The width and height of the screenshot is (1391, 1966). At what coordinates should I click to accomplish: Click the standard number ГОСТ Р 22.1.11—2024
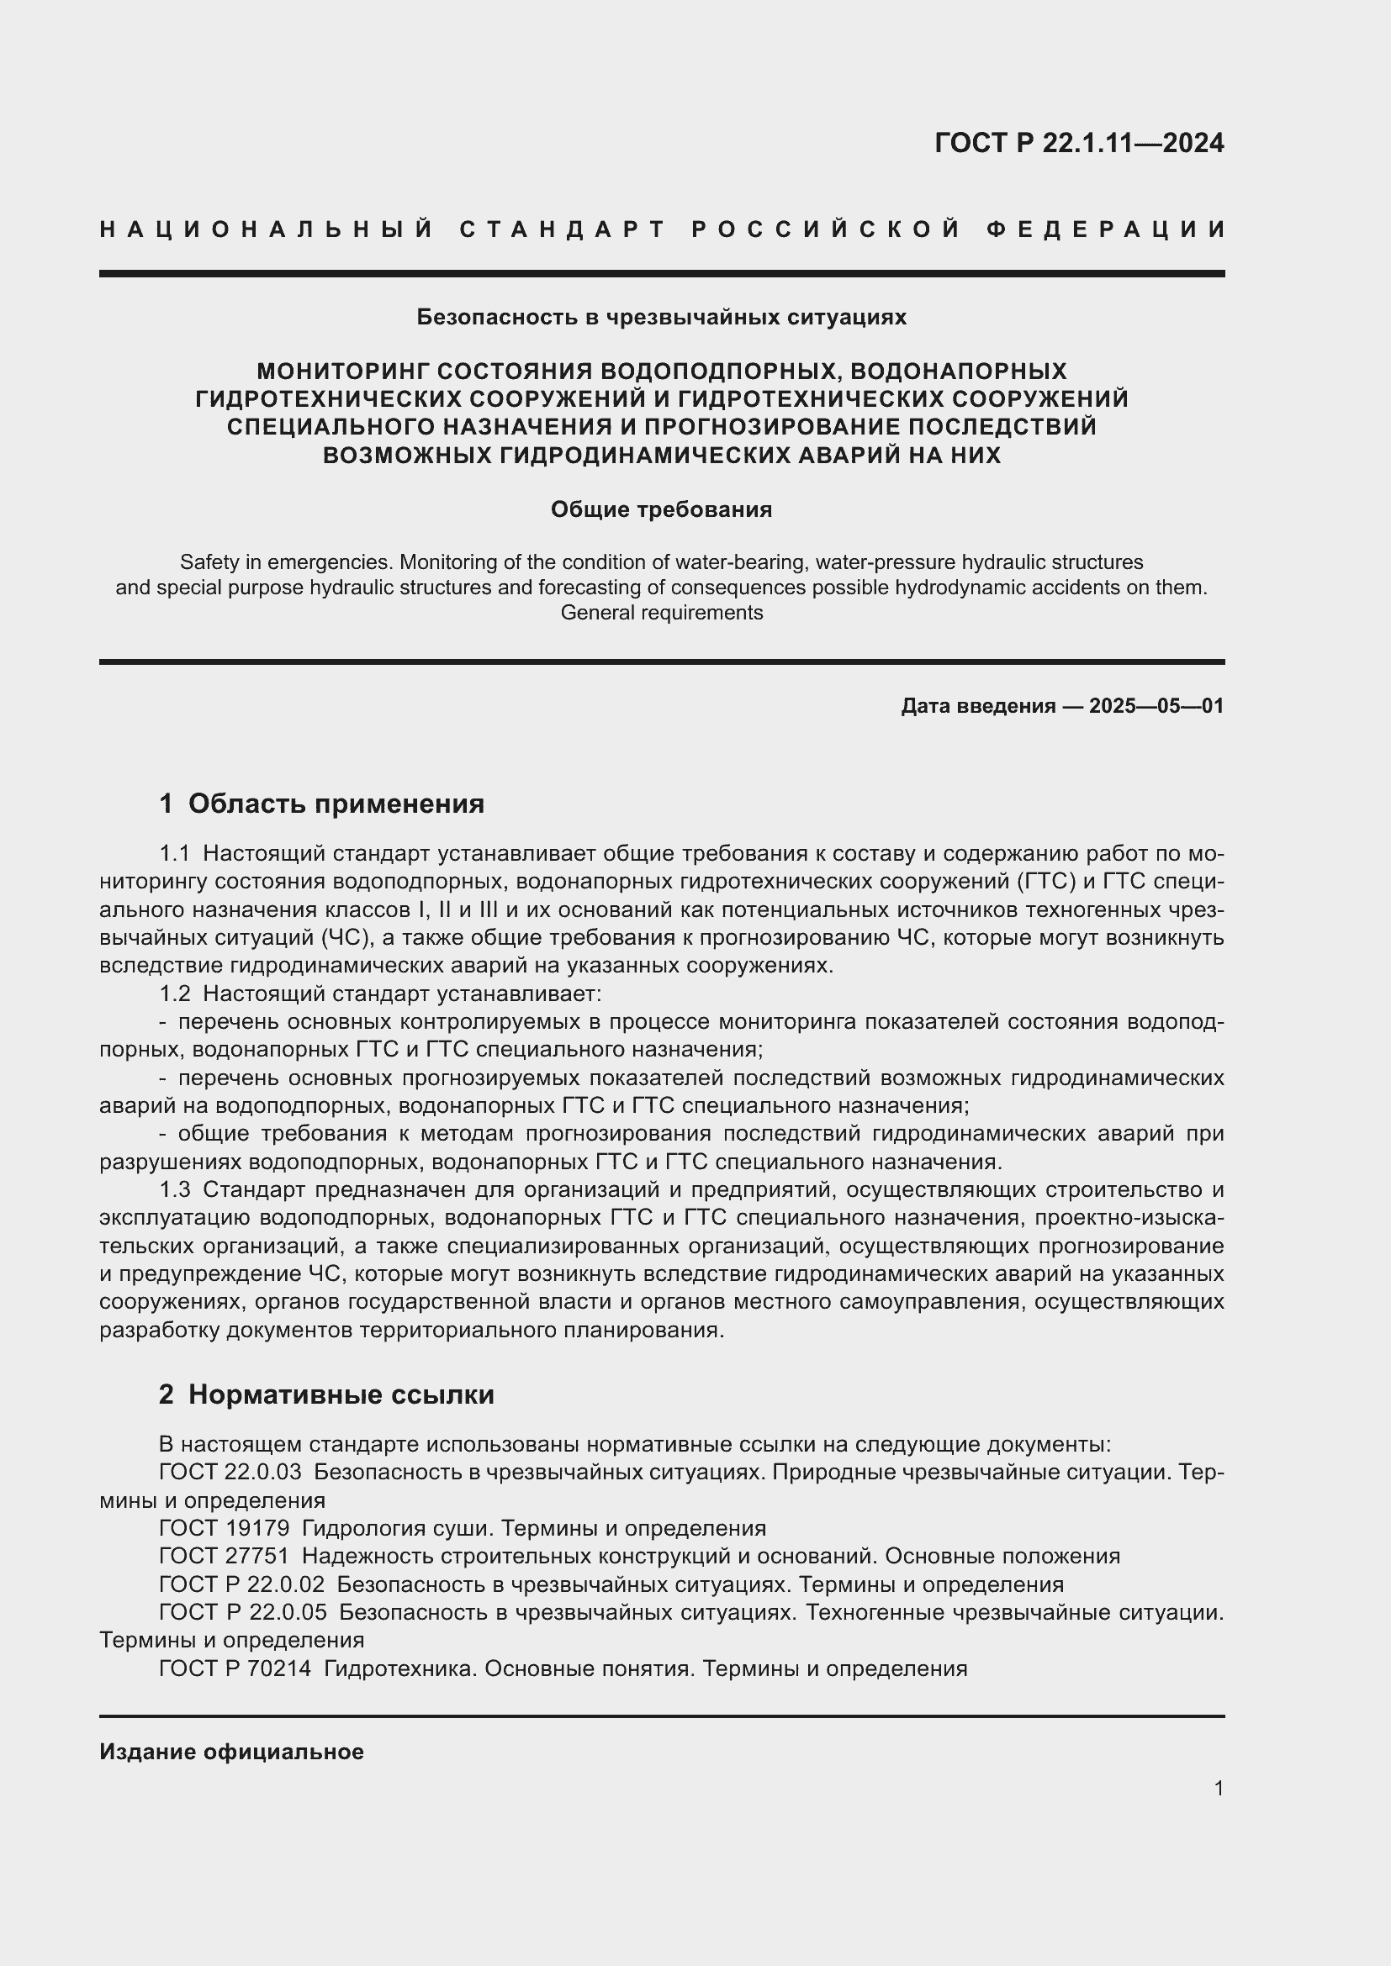coord(1078,143)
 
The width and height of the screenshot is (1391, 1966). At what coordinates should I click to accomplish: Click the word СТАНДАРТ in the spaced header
coord(563,229)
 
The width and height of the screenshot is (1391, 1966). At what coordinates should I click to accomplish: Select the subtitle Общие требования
coord(661,509)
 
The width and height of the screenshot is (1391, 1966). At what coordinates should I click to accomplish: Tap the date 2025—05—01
coord(1156,706)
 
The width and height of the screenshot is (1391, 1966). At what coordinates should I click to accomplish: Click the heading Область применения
coord(336,804)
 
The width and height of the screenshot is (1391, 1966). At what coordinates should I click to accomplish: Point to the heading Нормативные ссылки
coord(341,1395)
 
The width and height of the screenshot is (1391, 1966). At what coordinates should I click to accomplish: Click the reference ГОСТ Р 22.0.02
coord(241,1584)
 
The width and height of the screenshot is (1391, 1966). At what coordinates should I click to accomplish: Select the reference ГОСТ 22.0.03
coord(230,1472)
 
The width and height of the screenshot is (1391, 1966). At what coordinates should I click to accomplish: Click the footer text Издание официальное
coord(231,1752)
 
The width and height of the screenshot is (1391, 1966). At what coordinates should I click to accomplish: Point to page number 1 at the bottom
coord(1218,1788)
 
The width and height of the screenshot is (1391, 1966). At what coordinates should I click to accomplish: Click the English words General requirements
coord(661,613)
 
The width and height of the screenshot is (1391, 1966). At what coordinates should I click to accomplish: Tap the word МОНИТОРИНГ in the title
coord(339,372)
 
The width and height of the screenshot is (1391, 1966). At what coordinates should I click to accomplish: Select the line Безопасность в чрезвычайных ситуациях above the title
coord(661,318)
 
